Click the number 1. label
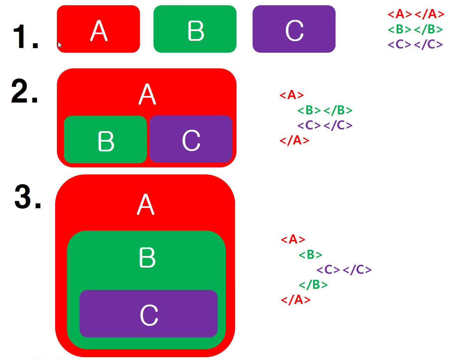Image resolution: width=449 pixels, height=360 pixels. pos(25,36)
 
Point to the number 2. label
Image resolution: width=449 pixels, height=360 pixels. pos(24,91)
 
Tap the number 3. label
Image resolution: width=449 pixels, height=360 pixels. pos(28,197)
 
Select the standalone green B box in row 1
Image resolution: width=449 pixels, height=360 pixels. pos(195,29)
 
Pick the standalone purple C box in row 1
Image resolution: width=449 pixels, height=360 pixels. pos(294,29)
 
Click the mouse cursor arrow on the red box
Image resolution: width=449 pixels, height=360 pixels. pos(60,45)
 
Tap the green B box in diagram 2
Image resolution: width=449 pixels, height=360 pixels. pos(105,140)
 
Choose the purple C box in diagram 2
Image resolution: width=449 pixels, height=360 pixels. pos(191,139)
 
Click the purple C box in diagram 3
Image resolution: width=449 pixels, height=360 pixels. pos(149,314)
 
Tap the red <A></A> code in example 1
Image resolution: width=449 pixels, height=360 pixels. pos(416,14)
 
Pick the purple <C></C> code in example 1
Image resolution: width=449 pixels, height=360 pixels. pos(415,44)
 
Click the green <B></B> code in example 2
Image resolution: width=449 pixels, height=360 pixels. pos(325,110)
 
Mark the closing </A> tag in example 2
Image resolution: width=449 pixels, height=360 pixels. pos(294,140)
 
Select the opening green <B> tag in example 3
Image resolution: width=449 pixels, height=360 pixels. pos(310,255)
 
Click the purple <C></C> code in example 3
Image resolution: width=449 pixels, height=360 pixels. pos(344,269)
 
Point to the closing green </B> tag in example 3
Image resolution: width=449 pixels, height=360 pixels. pos(313,285)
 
